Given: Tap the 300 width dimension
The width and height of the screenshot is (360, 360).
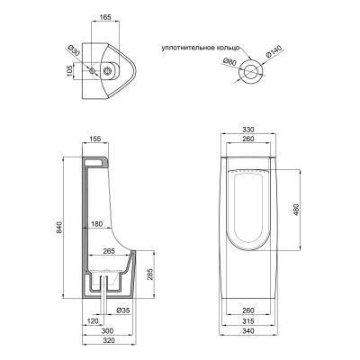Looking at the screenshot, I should point(106,330).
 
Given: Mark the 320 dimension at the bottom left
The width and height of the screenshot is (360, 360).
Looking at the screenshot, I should point(106,342).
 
